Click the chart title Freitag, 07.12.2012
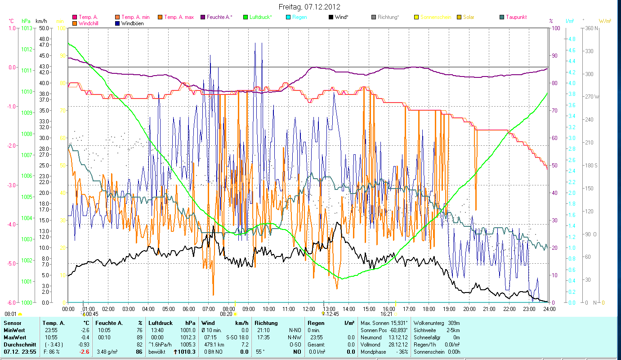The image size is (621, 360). [x=309, y=7]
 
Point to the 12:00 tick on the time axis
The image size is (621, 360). [x=309, y=309]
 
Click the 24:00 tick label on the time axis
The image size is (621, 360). [x=549, y=309]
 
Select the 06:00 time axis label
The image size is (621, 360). [x=188, y=309]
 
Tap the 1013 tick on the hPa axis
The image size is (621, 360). [x=26, y=28]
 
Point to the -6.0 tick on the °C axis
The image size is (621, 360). [x=12, y=302]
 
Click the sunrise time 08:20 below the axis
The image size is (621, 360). [x=226, y=314]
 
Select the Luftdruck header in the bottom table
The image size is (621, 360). [x=160, y=323]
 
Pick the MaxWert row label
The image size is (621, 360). [x=15, y=337]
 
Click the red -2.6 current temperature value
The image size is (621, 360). [x=85, y=352]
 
